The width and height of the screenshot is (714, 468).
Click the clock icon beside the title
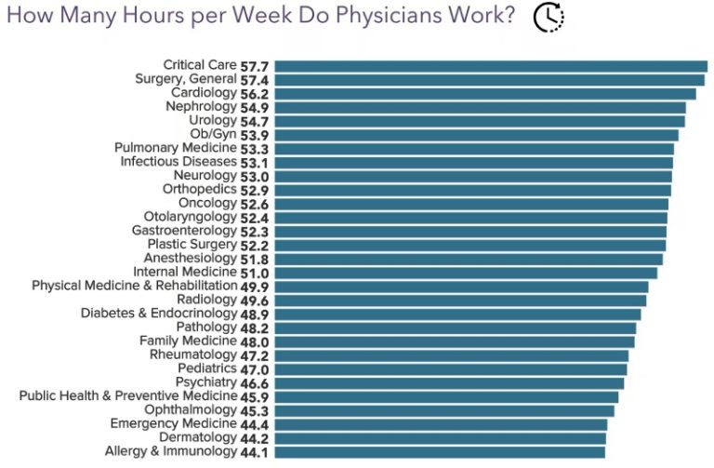point(549,18)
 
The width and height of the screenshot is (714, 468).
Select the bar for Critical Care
point(491,66)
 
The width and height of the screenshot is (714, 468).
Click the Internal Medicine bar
point(466,273)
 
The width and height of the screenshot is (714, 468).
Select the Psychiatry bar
point(449,382)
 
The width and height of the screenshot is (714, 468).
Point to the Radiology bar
point(460,301)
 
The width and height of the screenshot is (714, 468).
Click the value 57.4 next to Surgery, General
point(255,80)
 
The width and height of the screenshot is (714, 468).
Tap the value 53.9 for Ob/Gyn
point(255,135)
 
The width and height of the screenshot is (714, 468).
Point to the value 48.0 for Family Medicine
point(255,341)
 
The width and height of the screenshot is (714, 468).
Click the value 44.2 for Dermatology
point(255,438)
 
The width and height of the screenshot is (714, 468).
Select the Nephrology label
point(201,107)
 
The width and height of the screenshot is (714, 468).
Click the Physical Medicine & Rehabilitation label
point(135,287)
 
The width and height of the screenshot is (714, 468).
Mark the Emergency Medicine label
point(173,424)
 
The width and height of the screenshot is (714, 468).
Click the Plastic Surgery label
point(192,245)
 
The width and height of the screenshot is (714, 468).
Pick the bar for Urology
point(480,121)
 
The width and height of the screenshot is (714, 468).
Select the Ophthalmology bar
point(444,410)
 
